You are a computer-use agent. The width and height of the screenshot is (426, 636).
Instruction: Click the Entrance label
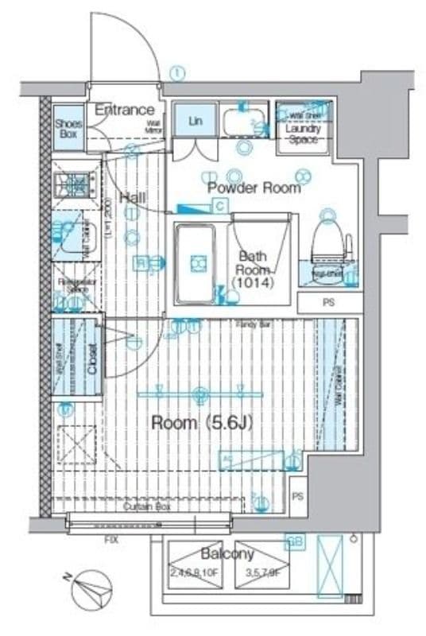[x=124, y=110]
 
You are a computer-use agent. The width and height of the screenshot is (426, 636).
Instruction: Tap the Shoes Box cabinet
[x=68, y=129]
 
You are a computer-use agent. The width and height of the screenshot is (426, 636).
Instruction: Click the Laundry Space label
[x=302, y=134]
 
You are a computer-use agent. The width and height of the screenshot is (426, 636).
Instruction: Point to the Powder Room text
[x=254, y=188]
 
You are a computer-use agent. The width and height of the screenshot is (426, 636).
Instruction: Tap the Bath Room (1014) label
[x=253, y=269]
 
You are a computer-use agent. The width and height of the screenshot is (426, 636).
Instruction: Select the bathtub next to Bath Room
[x=196, y=262]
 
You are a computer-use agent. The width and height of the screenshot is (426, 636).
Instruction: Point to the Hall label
[x=131, y=197]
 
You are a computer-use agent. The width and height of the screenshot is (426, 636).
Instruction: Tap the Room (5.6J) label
[x=202, y=423]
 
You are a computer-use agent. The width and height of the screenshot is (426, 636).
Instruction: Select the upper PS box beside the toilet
[x=328, y=303]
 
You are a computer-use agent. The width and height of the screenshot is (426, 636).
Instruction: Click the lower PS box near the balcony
[x=297, y=496]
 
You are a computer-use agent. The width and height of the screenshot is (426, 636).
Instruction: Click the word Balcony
[x=227, y=553]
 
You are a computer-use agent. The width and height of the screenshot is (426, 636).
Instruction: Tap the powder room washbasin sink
[x=241, y=123]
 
